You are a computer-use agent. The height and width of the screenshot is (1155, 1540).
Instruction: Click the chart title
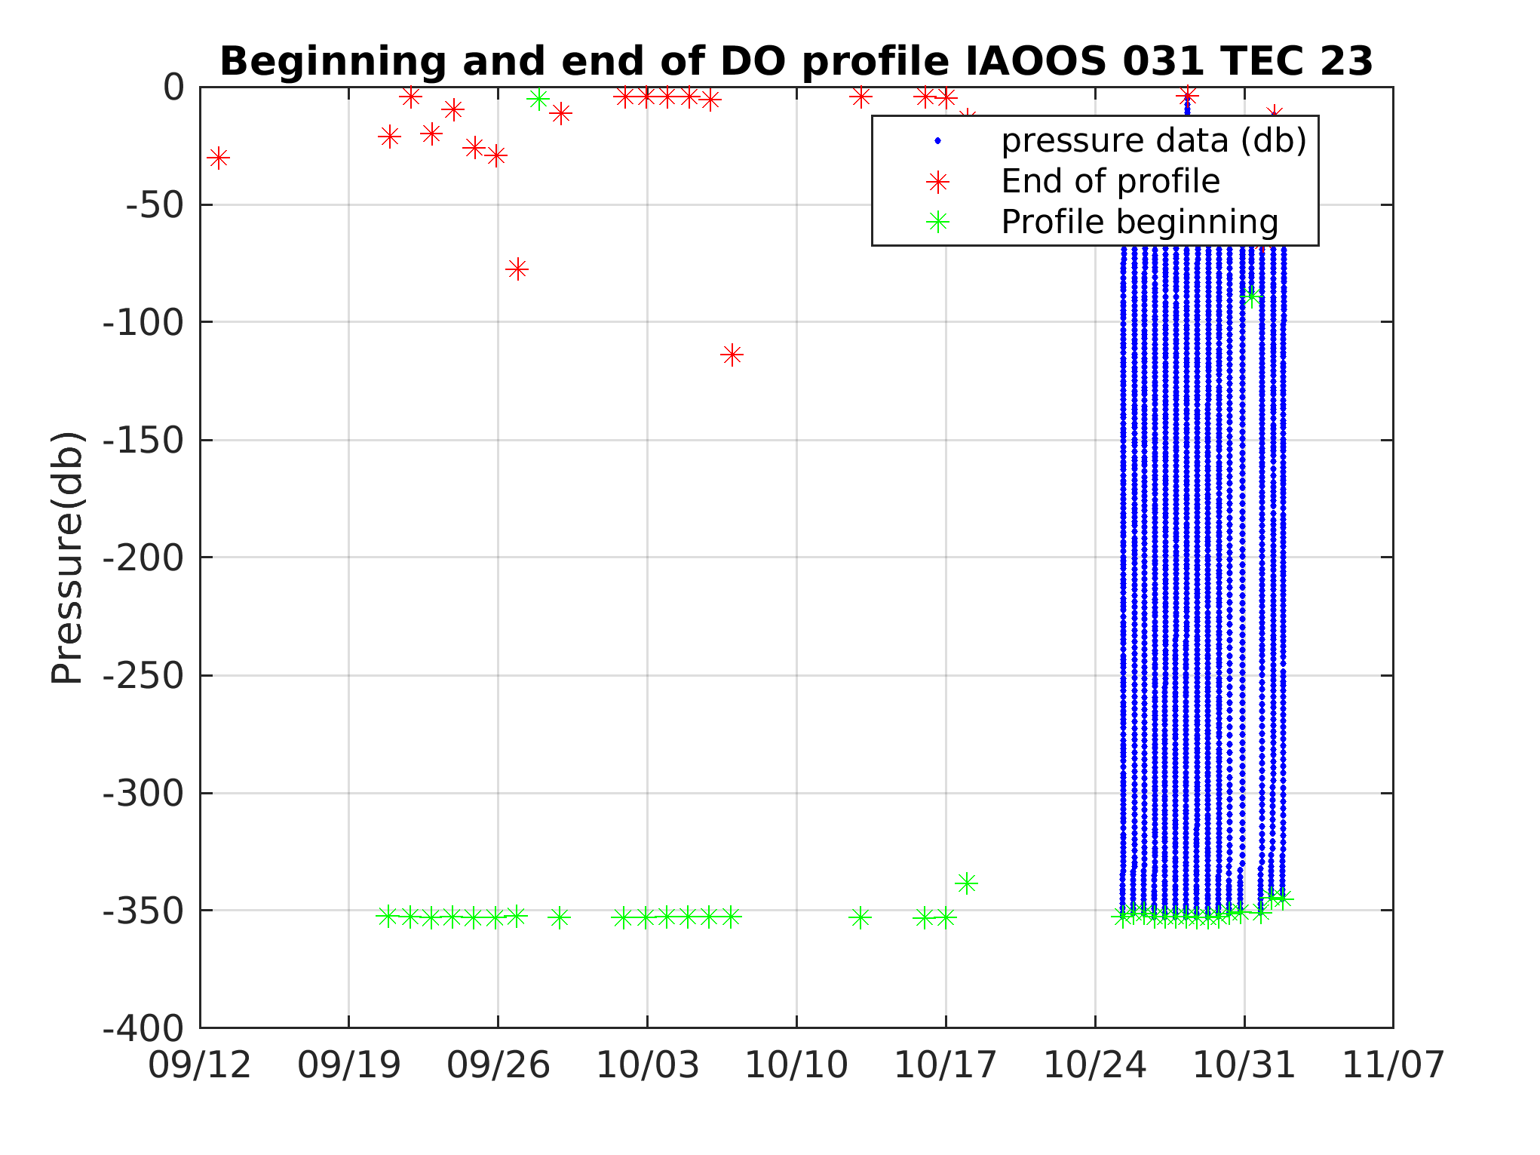click(796, 61)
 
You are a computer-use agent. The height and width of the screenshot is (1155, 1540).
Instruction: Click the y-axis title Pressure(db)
click(66, 558)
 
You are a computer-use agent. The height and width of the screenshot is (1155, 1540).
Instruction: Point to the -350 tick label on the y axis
click(143, 911)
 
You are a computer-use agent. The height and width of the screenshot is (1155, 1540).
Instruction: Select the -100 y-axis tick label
click(143, 323)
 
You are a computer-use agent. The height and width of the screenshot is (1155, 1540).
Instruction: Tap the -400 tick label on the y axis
click(143, 1028)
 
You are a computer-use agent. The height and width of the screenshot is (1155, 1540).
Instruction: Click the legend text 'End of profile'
click(1110, 182)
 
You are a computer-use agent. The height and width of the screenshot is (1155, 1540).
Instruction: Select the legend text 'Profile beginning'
click(1140, 223)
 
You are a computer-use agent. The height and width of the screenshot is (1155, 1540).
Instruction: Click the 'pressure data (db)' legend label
click(1154, 141)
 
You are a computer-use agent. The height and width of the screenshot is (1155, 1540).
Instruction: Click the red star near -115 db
click(732, 355)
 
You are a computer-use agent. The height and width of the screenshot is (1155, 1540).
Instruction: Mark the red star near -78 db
click(517, 269)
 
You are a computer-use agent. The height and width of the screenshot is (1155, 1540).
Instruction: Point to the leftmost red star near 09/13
click(218, 158)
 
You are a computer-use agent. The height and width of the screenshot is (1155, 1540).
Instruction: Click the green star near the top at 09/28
click(538, 99)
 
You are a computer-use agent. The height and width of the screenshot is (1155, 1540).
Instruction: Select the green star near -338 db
click(967, 883)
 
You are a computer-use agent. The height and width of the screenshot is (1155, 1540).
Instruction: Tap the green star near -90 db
click(1252, 296)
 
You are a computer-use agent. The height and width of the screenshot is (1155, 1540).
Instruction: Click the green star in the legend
click(938, 223)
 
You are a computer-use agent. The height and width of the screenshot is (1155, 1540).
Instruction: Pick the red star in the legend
click(938, 182)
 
